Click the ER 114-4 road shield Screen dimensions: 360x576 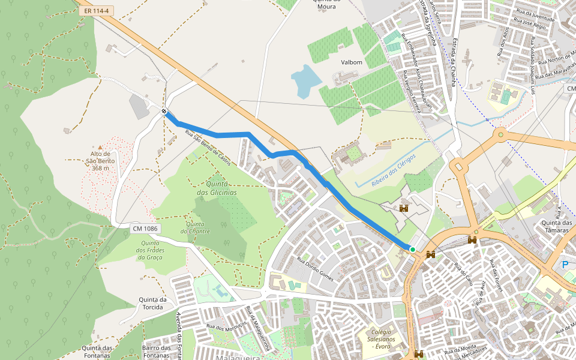[x=97, y=11]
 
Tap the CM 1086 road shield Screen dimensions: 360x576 [x=146, y=228]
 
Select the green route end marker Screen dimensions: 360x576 [x=412, y=249]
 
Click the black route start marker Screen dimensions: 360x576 [x=164, y=111]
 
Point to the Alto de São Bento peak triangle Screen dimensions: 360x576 [x=100, y=146]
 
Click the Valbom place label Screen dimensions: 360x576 [x=352, y=62]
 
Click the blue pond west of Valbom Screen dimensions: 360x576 [x=305, y=80]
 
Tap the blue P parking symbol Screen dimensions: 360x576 [x=564, y=264]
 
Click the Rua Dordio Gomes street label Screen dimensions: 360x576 [x=315, y=268]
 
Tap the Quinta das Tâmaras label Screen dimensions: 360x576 [x=557, y=227]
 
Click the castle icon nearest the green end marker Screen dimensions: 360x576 [x=430, y=255]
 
